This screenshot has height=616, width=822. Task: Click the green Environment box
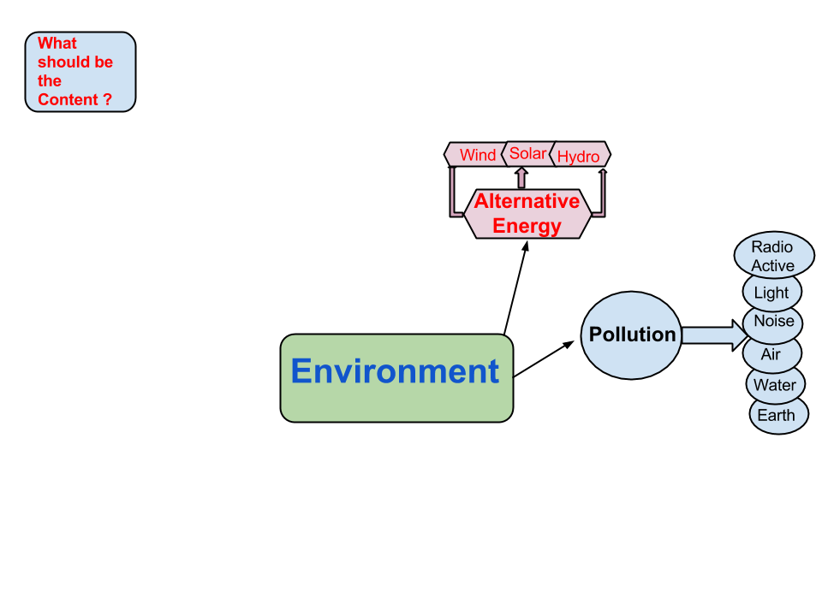click(x=396, y=377)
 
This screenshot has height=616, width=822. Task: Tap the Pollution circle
click(x=632, y=335)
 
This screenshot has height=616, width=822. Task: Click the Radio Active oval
click(x=773, y=256)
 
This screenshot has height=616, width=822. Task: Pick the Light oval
click(x=771, y=293)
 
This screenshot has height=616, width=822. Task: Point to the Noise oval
click(x=773, y=322)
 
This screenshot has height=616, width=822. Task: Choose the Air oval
click(x=771, y=354)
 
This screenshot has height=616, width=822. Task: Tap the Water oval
click(x=774, y=385)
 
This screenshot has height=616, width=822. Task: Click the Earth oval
click(x=776, y=416)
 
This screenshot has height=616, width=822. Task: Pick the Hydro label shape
click(x=579, y=156)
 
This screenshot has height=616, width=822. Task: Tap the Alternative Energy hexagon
click(x=527, y=214)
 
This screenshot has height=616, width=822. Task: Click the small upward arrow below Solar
click(x=521, y=178)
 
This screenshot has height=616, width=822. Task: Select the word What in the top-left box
click(x=57, y=44)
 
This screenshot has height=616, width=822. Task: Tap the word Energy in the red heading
click(x=527, y=227)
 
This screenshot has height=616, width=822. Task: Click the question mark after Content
click(x=107, y=100)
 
